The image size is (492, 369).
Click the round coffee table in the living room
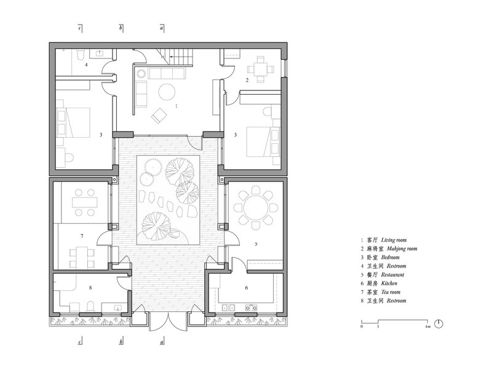tap(167, 92)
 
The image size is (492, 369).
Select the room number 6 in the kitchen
tap(247, 287)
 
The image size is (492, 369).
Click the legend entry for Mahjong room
tap(389, 249)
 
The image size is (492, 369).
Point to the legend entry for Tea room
tap(381, 292)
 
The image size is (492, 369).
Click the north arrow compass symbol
tap(438, 323)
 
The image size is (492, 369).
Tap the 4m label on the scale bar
tap(427, 327)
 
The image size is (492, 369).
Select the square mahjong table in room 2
tap(260, 69)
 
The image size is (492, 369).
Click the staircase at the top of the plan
tap(174, 57)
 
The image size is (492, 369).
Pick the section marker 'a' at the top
tap(162, 28)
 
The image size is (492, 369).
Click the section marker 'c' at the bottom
tap(80, 341)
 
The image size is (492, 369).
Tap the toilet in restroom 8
tap(90, 306)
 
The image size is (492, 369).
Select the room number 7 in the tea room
tap(82, 236)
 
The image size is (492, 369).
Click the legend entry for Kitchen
tap(379, 284)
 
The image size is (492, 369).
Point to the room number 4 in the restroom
tap(86, 65)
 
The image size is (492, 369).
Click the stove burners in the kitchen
tap(251, 308)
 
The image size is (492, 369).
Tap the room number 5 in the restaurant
tap(256, 244)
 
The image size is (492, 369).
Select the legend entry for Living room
tap(383, 240)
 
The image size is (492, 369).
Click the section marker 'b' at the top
tap(121, 28)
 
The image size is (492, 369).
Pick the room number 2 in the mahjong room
tap(247, 81)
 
